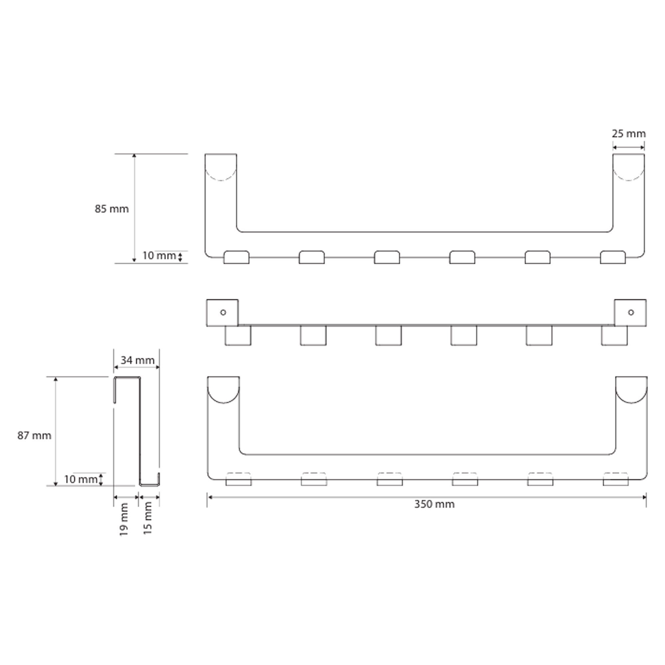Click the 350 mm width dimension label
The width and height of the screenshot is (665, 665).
tap(434, 505)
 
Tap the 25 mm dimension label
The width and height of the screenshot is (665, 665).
tap(628, 134)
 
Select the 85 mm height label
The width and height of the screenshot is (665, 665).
tap(111, 209)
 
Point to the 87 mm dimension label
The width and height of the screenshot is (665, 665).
tap(35, 436)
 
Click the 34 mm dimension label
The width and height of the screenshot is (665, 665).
tap(137, 360)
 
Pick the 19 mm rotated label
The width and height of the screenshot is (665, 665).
tap(124, 519)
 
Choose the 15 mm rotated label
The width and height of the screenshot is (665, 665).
tap(147, 518)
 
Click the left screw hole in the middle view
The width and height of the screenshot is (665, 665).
tap(223, 313)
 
